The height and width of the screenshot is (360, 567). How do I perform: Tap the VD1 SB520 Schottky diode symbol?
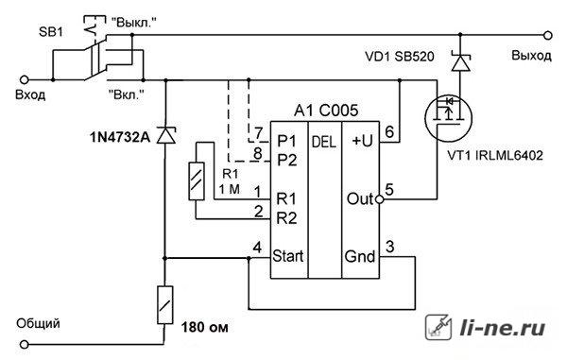[461, 62]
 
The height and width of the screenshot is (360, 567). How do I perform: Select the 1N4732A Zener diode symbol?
[166, 135]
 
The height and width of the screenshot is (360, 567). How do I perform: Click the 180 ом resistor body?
[164, 304]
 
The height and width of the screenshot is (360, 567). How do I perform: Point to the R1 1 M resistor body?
[197, 181]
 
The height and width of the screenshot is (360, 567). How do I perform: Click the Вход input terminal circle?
[25, 80]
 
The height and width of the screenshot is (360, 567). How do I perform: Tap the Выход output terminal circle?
[548, 35]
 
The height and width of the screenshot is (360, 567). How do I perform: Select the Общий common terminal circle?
[25, 345]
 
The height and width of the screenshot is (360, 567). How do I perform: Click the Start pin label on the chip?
[288, 256]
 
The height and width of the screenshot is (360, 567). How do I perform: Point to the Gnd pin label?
[360, 256]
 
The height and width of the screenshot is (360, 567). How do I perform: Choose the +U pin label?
[362, 141]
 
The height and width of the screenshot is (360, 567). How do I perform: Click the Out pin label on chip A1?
[360, 198]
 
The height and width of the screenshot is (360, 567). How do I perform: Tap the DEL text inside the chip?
[324, 142]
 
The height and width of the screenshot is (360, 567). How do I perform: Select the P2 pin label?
[286, 160]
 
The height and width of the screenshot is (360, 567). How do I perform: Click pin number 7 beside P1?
[258, 133]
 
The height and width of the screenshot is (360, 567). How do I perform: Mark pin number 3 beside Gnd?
[389, 247]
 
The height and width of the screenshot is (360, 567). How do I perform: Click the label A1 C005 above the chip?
[326, 111]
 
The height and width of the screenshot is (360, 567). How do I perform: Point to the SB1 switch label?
[51, 32]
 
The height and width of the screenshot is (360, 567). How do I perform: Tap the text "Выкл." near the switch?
[134, 23]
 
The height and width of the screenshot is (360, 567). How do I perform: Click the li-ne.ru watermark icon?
[438, 327]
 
